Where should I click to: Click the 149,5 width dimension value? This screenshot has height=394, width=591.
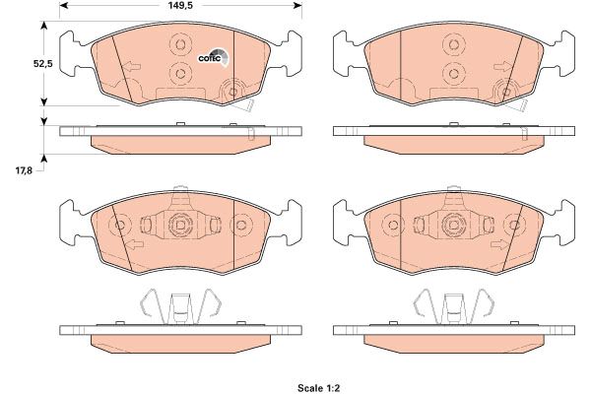[180, 5]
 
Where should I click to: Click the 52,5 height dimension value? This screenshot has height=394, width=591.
[43, 64]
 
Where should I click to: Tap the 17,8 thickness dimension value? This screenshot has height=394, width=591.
[24, 170]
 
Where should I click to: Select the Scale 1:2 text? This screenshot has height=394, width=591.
[319, 388]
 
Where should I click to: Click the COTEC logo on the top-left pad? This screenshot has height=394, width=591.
[214, 58]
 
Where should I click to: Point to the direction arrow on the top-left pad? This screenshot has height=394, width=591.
[132, 67]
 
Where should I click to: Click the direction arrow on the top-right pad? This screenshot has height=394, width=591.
[502, 67]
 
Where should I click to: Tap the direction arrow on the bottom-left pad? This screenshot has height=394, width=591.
[135, 244]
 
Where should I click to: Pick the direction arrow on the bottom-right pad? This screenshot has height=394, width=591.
[499, 244]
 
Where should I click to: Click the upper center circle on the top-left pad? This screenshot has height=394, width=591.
[180, 45]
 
